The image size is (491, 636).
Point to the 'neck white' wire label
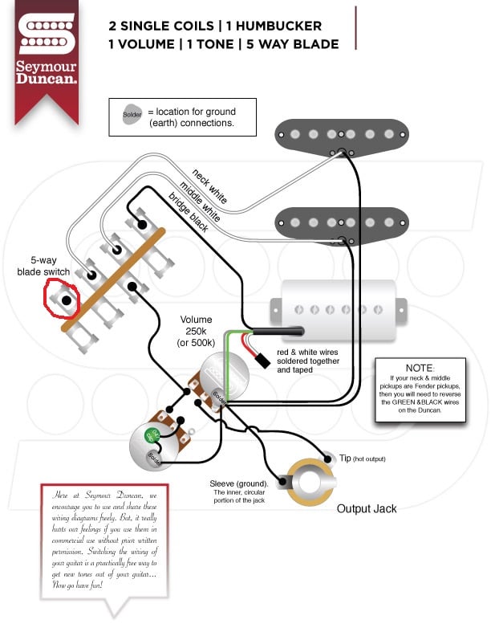point(210,184)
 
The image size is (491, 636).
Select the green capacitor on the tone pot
point(150,435)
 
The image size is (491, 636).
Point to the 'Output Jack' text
point(366,508)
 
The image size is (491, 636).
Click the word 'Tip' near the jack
point(345,457)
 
